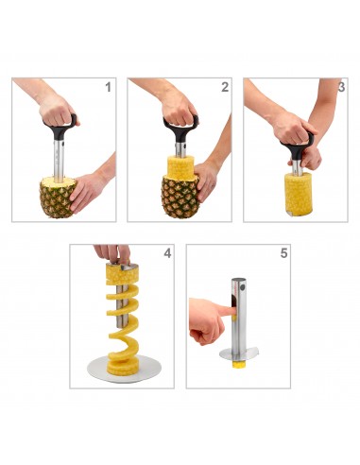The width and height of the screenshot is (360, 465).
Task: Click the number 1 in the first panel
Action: point(107,88)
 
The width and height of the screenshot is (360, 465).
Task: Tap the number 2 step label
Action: point(224,88)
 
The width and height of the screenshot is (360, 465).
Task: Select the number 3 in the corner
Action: point(340,88)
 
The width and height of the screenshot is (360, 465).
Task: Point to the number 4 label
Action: point(167,254)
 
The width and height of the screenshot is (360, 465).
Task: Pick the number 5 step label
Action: point(283,254)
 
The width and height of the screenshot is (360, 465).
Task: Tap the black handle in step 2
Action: point(180,125)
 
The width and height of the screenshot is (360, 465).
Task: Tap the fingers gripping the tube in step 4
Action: point(111,253)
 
